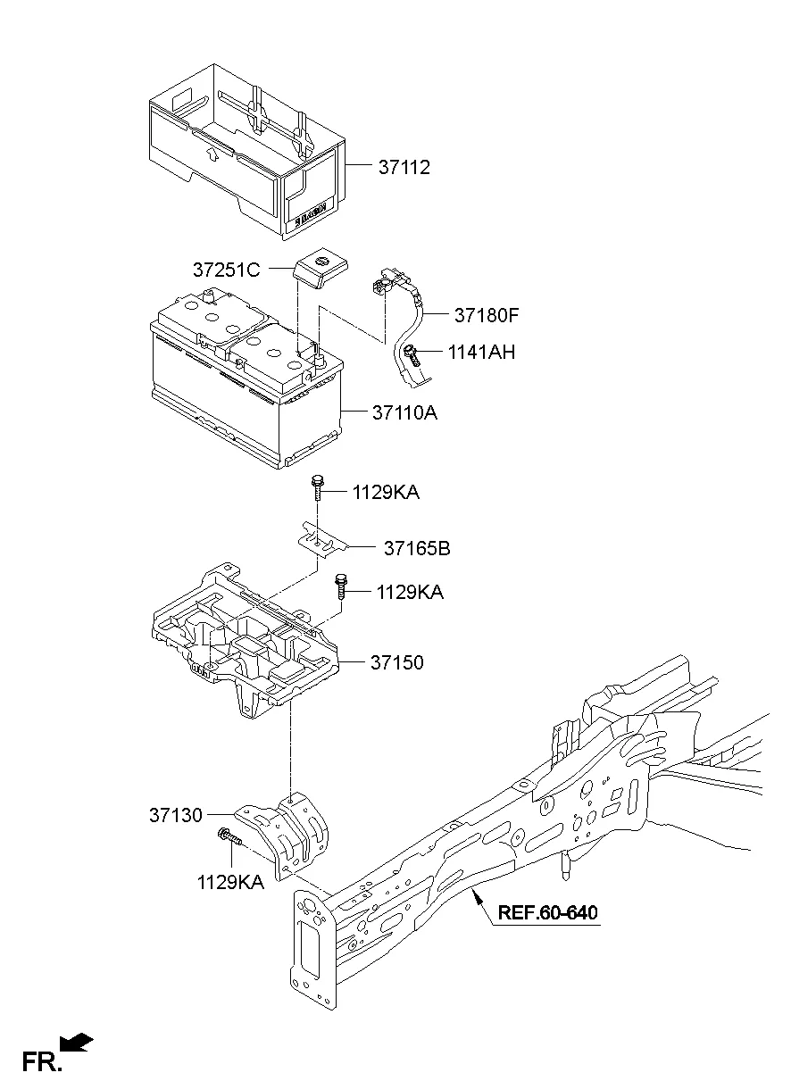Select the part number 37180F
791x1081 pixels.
pyautogui.click(x=487, y=315)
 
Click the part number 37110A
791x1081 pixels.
pyautogui.click(x=405, y=413)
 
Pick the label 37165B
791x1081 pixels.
pyautogui.click(x=417, y=548)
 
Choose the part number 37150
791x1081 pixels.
pyautogui.click(x=399, y=663)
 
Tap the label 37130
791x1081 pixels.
pyautogui.click(x=176, y=815)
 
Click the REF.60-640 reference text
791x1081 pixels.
pyautogui.click(x=547, y=913)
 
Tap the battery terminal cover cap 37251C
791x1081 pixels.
pyautogui.click(x=321, y=267)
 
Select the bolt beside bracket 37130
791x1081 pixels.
pyautogui.click(x=229, y=837)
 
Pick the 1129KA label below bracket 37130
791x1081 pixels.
pyautogui.click(x=230, y=882)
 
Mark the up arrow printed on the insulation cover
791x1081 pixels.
pyautogui.click(x=212, y=154)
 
